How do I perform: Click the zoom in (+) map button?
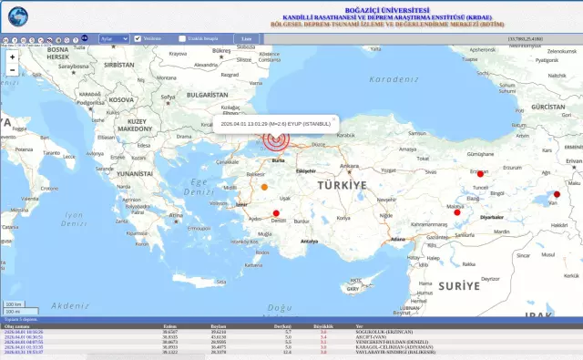tap(12, 57)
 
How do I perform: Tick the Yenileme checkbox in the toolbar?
tap(138, 38)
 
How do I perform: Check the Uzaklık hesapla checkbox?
tap(182, 38)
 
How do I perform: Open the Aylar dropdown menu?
tap(114, 38)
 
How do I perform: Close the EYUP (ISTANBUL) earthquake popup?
tap(334, 118)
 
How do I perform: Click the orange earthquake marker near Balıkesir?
tap(264, 187)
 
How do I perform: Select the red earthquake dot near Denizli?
tap(277, 213)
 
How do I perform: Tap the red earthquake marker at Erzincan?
tap(481, 173)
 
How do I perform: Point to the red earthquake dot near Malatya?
tap(458, 212)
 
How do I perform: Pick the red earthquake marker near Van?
tap(556, 193)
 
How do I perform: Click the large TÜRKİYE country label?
tap(342, 185)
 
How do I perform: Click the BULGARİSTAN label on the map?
tap(207, 95)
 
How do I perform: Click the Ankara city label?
tap(348, 166)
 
